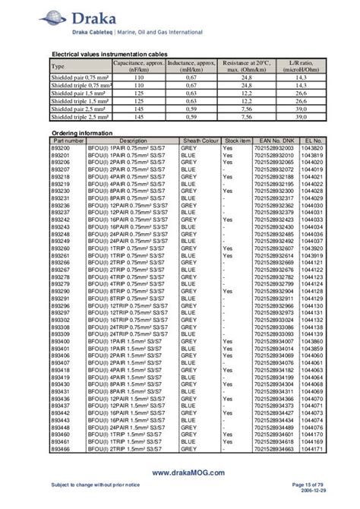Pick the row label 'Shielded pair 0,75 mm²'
(x=80, y=77)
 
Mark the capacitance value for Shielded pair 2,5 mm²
(x=139, y=110)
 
